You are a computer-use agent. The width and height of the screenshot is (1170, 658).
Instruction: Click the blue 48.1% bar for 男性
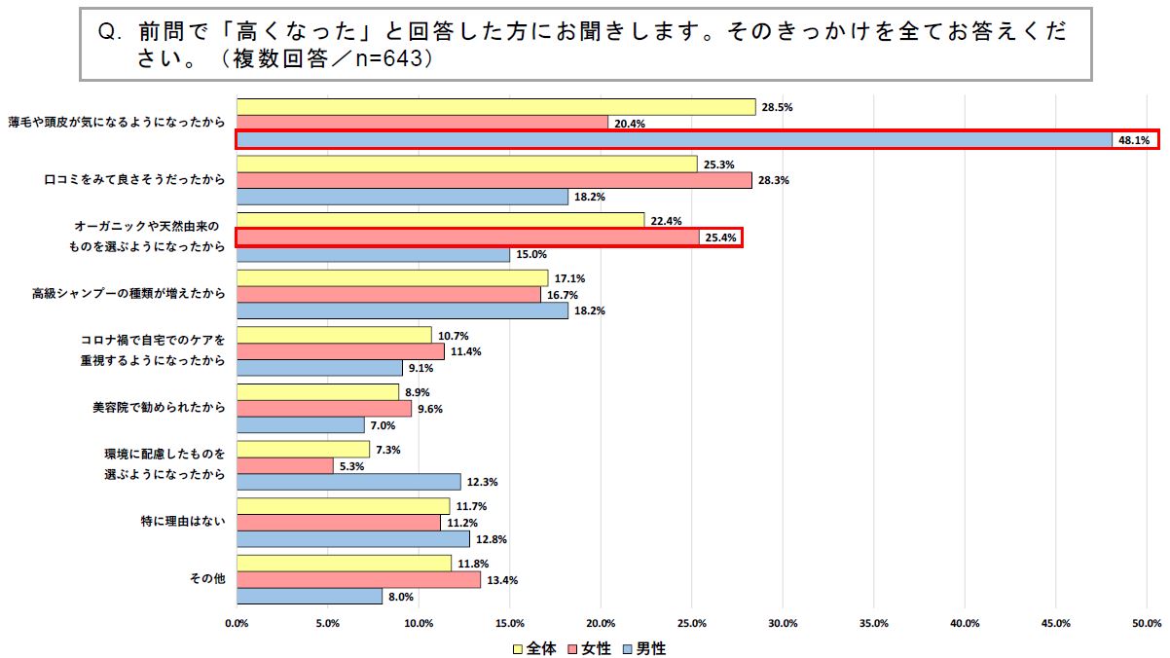pos(674,140)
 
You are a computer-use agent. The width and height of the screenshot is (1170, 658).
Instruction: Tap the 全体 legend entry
pos(535,648)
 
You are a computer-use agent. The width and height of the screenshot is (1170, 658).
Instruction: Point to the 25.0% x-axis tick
pos(692,623)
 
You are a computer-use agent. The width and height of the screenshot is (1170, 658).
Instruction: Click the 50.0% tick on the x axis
pos(1147,623)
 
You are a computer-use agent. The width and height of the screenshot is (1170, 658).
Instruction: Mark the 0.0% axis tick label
pos(237,623)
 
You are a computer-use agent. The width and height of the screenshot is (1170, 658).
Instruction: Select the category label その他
pos(207,578)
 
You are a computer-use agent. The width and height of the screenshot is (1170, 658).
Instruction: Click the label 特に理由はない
pos(183,522)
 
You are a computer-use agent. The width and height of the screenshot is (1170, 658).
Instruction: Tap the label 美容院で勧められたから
pos(153,408)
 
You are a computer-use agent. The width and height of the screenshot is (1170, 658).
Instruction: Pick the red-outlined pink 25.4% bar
pos(467,238)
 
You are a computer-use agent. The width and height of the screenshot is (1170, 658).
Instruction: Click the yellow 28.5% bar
pos(495,107)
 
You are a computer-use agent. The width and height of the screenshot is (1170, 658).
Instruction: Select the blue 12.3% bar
pos(348,482)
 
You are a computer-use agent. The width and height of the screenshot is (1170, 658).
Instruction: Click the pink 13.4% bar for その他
pos(358,579)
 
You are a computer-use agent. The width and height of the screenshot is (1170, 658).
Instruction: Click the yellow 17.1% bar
pos(392,278)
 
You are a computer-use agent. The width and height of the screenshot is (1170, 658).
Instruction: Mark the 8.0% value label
pos(401,597)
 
